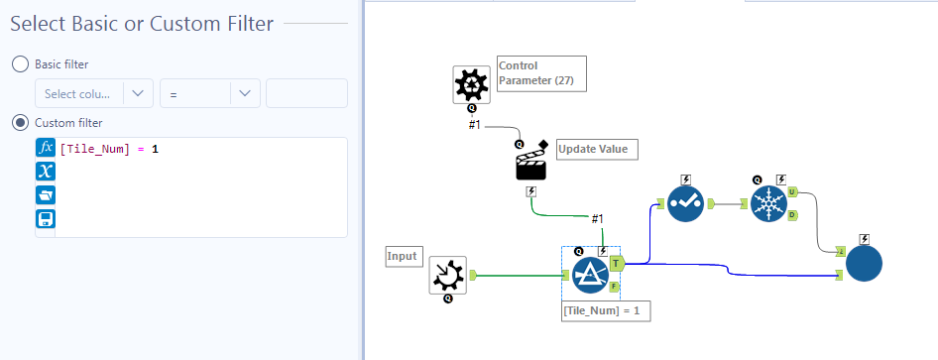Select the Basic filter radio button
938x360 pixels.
[x=20, y=63]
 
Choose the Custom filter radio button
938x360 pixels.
[x=20, y=123]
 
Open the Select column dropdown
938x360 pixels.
[x=93, y=93]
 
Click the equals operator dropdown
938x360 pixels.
[x=209, y=93]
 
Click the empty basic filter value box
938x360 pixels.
[x=306, y=93]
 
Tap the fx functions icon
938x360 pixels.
[x=45, y=148]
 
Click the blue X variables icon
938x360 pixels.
[x=45, y=172]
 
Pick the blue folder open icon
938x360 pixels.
[x=45, y=195]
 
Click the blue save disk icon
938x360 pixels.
[x=45, y=219]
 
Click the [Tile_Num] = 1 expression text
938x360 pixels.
[x=109, y=149]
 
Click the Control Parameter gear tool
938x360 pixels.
[x=472, y=85]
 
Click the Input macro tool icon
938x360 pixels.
[x=447, y=275]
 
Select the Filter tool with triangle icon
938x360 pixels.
[x=590, y=275]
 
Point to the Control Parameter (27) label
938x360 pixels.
[x=539, y=72]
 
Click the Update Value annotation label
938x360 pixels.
[x=593, y=150]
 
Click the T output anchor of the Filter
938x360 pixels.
[x=617, y=263]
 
